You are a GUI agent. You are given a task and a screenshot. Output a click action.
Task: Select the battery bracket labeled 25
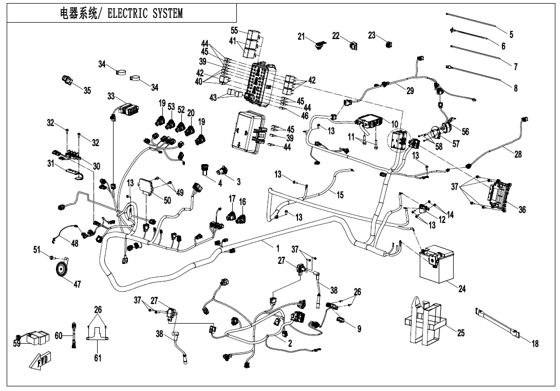coord(424,322)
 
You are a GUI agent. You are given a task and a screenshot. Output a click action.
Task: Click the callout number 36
coord(521,209)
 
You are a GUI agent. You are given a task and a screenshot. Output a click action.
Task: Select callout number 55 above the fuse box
coord(234,30)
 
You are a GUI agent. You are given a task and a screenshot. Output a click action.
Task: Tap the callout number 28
coord(518,155)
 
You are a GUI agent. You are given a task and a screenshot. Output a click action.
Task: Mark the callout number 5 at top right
coord(511,34)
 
